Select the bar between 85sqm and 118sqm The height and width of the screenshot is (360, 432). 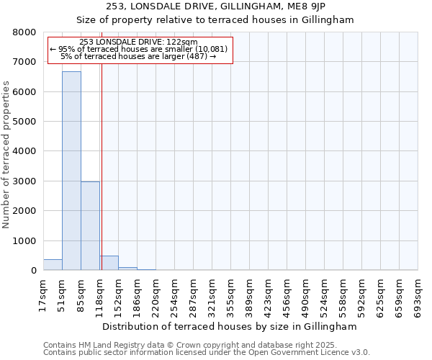[90, 226]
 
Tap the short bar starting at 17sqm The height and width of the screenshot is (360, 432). [53, 265]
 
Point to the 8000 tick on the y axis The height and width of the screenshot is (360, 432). [24, 32]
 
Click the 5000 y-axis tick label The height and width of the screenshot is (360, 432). [24, 122]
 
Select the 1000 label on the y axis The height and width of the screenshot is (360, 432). [24, 241]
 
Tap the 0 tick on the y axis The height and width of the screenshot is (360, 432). [33, 271]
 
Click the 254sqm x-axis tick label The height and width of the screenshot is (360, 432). [174, 293]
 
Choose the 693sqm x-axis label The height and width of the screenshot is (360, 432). [417, 293]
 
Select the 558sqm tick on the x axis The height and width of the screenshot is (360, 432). [342, 293]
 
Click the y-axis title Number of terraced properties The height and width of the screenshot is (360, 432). [6, 155]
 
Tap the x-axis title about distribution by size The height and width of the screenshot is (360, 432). [230, 326]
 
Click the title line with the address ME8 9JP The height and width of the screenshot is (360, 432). [216, 6]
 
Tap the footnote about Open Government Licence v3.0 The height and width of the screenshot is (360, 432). [207, 353]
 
